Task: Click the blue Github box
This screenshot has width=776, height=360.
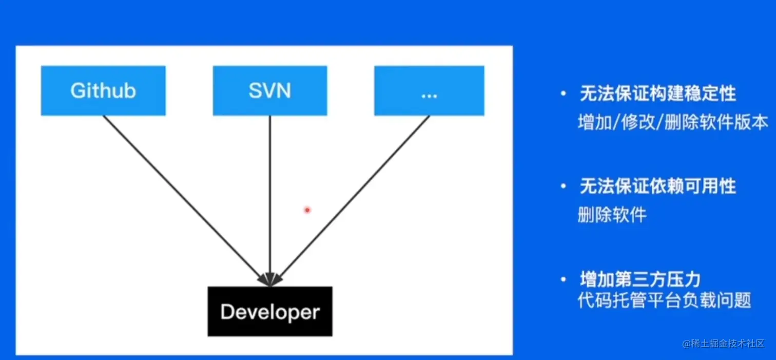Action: [103, 90]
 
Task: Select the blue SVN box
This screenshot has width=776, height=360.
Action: [269, 90]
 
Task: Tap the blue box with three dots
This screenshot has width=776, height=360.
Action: [429, 90]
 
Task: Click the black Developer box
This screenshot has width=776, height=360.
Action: [269, 311]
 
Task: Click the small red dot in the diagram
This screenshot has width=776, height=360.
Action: [307, 210]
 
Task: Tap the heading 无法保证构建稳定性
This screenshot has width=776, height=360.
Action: [657, 94]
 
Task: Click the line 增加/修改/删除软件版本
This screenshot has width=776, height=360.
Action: [673, 123]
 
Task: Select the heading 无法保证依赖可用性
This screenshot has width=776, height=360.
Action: [657, 186]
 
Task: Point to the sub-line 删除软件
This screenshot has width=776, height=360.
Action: [612, 215]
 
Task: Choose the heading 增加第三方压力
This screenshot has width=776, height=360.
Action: [640, 280]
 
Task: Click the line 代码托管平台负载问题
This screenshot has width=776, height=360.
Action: [664, 300]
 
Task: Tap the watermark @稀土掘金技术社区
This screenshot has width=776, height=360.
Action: [724, 344]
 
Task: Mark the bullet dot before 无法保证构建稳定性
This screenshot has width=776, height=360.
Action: [564, 94]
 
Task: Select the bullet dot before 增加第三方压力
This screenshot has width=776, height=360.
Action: [564, 280]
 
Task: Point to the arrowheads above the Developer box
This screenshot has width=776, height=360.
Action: [270, 279]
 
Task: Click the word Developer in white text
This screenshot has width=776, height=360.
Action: [269, 312]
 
